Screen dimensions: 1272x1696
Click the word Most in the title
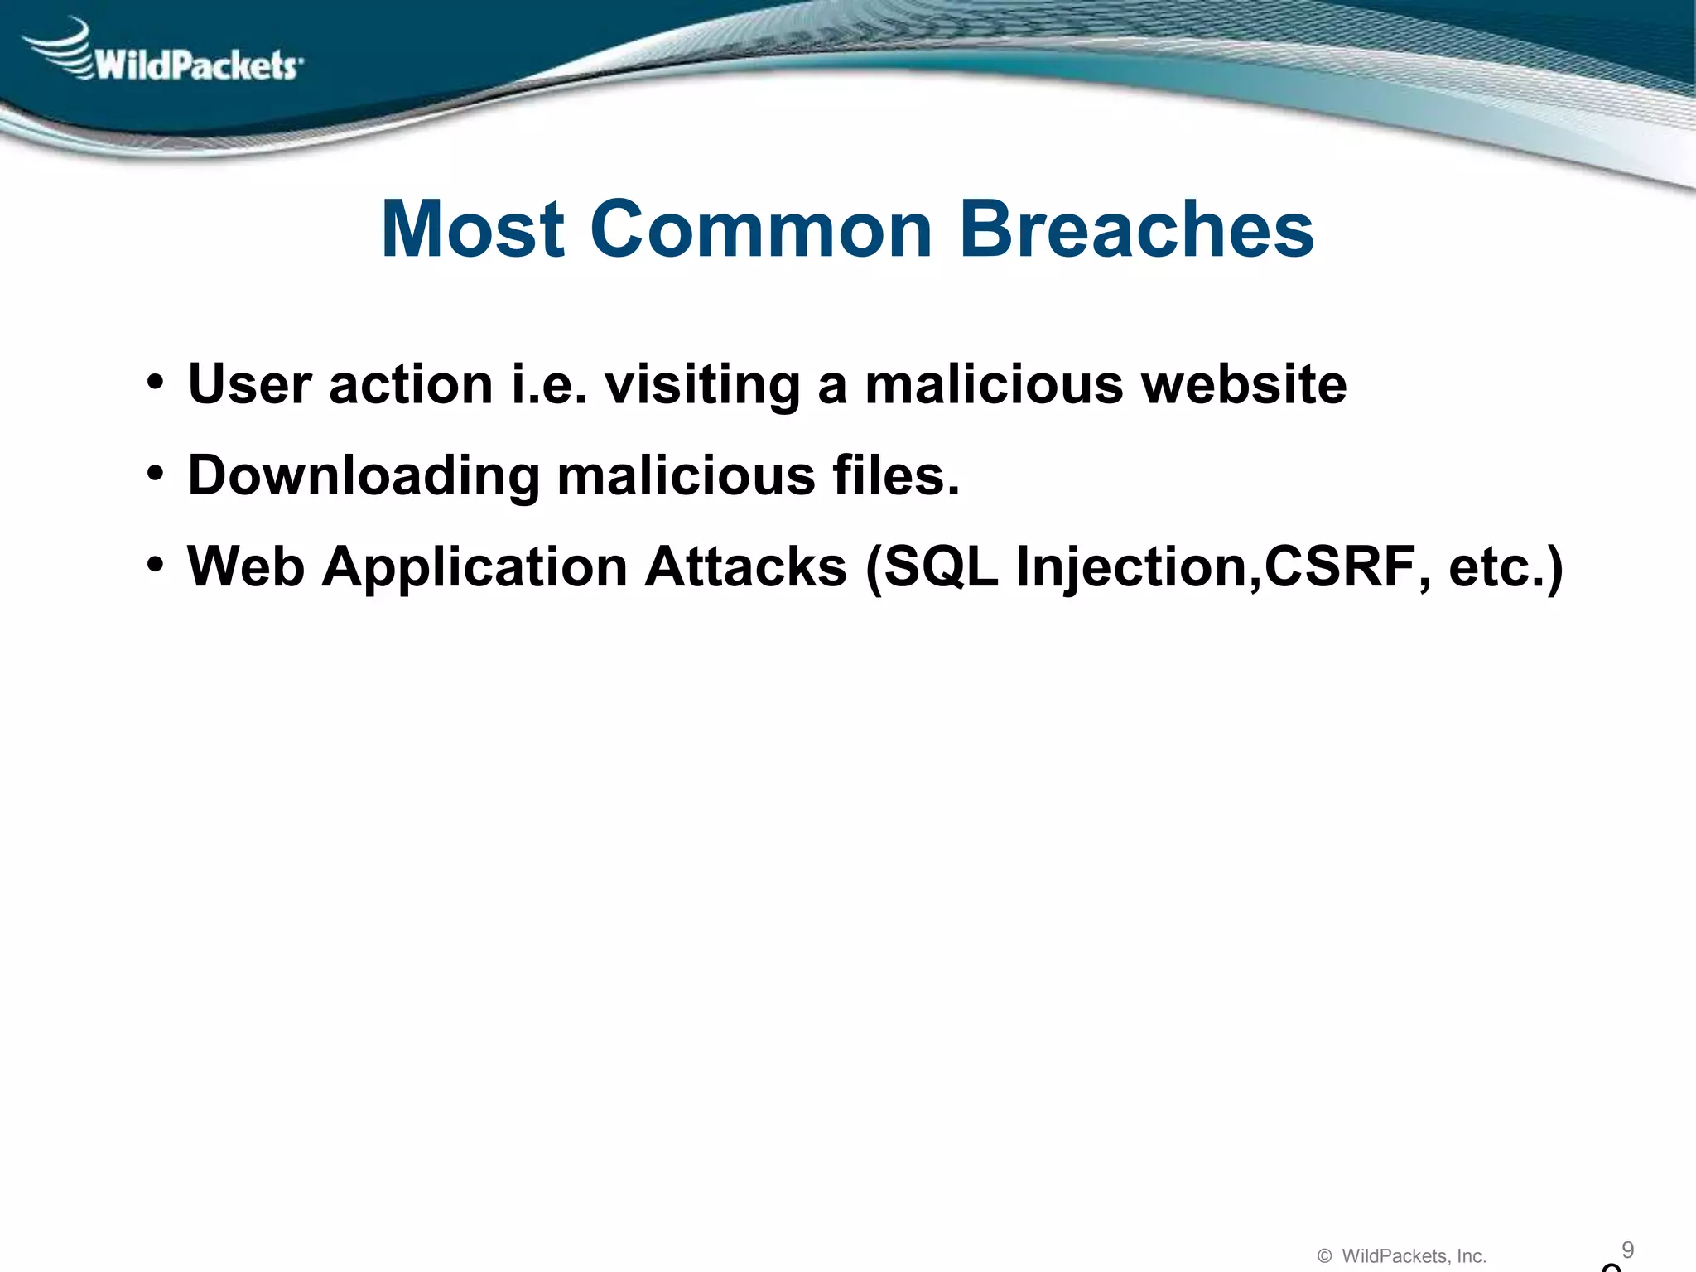pos(473,229)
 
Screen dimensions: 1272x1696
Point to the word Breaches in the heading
pos(1136,229)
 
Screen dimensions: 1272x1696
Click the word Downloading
pos(364,476)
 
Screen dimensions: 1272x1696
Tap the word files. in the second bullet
pos(896,476)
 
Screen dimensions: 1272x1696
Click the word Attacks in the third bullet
pos(746,567)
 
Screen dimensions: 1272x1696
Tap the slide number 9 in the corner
pos(1627,1226)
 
